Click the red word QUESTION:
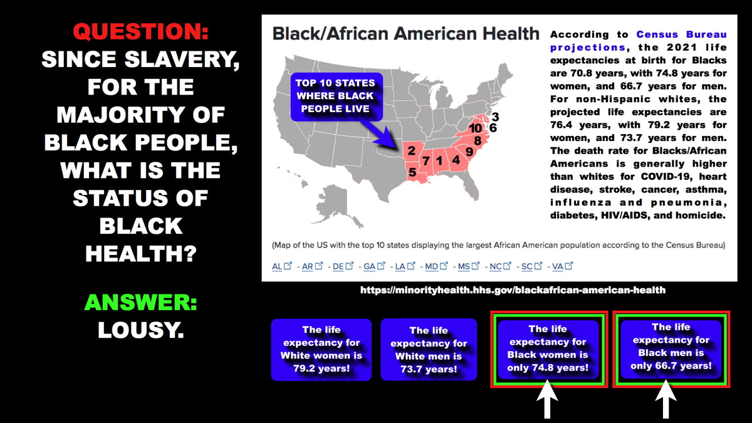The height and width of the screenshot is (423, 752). tap(140, 31)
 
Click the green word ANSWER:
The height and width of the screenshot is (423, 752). tap(140, 302)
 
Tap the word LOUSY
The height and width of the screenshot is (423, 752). tap(140, 330)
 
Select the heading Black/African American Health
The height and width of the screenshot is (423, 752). tap(405, 34)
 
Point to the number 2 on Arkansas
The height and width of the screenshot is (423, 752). tap(411, 150)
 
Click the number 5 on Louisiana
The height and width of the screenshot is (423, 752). tap(412, 172)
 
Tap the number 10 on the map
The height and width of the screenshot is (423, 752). tap(476, 128)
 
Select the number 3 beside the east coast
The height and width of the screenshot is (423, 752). tap(495, 117)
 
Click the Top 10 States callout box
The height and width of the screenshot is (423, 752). tap(337, 97)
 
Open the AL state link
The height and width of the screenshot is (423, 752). tap(277, 266)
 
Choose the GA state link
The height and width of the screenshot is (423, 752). tap(369, 266)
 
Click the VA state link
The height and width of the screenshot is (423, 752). tap(558, 266)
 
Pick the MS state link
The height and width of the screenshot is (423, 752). tap(464, 266)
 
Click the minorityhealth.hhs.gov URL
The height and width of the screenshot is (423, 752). tap(513, 290)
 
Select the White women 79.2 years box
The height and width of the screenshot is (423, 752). tap(321, 350)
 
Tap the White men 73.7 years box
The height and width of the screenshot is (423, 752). tap(429, 350)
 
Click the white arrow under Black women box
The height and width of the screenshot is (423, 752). tap(548, 400)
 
